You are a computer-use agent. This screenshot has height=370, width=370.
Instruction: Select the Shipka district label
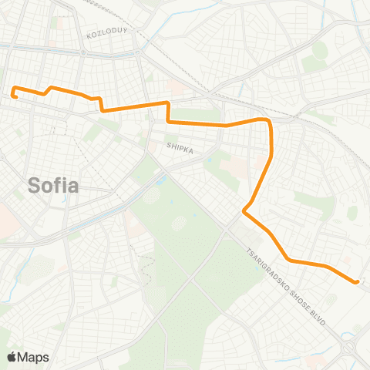pos(179,144)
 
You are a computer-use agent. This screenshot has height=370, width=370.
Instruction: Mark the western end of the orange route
pos(15,96)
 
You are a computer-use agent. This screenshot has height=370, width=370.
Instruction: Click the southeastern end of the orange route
pos(357,282)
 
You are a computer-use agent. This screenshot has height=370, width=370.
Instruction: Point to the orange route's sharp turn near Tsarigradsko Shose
pos(244,210)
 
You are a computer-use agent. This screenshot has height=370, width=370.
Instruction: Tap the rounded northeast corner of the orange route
pos(267,121)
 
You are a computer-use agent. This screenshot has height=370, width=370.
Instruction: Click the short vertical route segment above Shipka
pos(168,112)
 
